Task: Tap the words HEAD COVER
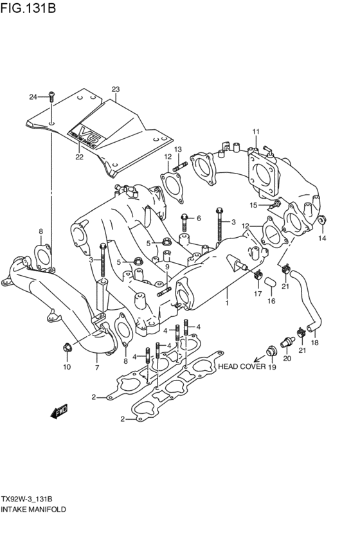(240, 366)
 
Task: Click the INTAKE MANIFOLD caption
(33, 508)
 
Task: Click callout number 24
(33, 97)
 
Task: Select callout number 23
(116, 89)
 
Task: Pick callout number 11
(255, 132)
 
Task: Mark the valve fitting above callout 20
(286, 341)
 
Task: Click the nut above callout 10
(67, 348)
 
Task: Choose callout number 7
(96, 368)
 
